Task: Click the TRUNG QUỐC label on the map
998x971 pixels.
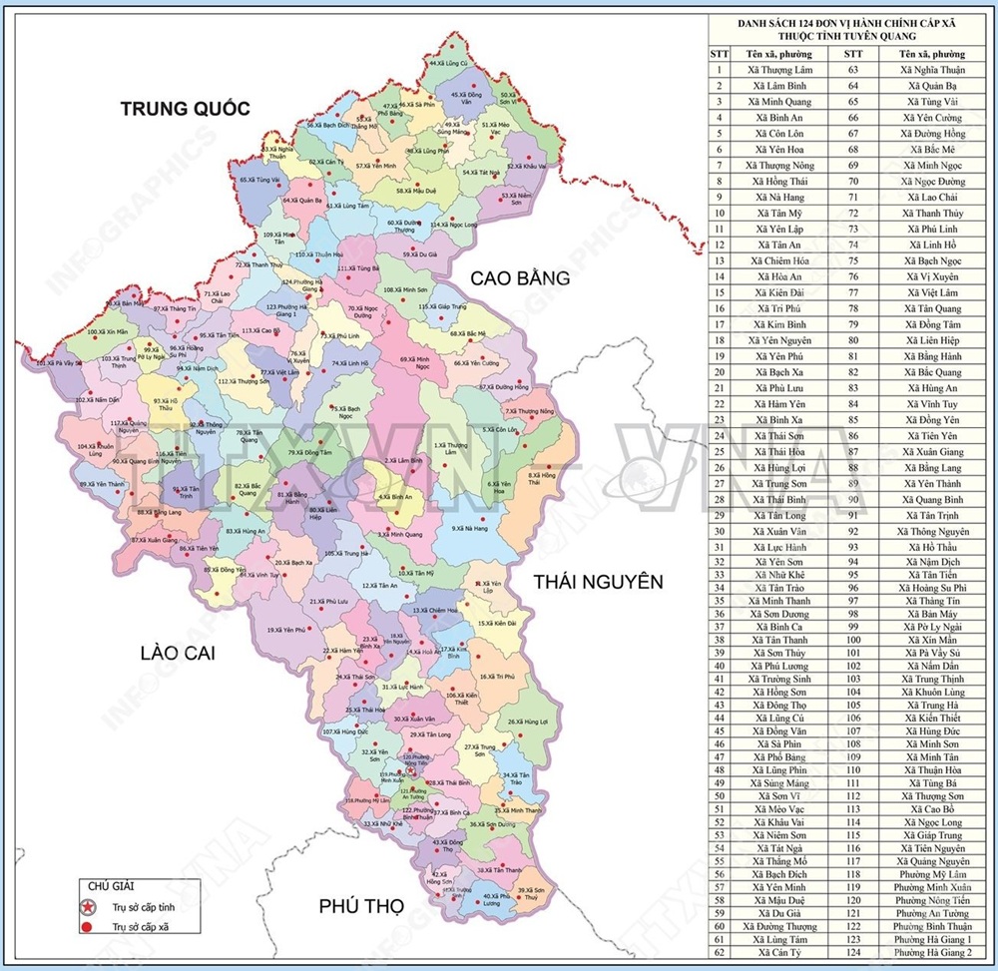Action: point(185,108)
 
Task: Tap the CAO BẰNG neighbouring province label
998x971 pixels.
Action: point(520,277)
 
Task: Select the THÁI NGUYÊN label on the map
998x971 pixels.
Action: point(597,581)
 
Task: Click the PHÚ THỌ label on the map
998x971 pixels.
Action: point(360,906)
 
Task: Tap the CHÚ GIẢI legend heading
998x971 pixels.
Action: point(111,885)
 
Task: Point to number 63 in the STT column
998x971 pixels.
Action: point(853,70)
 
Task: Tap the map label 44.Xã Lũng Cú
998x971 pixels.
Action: point(448,63)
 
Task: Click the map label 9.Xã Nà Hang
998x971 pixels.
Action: point(469,528)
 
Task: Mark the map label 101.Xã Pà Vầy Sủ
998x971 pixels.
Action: point(60,363)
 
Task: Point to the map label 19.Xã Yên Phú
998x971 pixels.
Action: point(285,630)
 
